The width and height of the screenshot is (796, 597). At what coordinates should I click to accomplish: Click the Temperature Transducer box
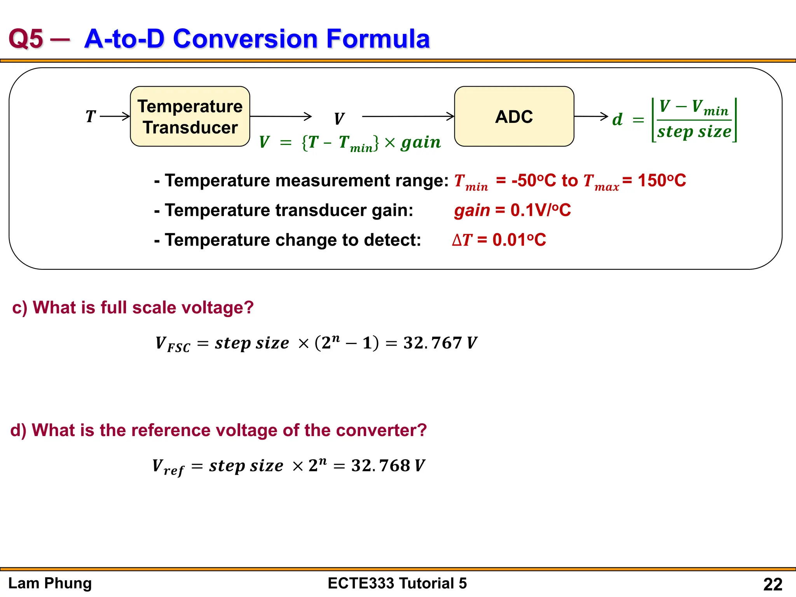point(190,116)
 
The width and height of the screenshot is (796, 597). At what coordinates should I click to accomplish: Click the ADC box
point(514,116)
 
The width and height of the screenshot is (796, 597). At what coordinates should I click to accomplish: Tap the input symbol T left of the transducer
point(90,116)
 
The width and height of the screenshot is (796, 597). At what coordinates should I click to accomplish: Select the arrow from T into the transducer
point(115,116)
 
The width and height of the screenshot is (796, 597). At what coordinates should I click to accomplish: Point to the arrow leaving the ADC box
point(591,116)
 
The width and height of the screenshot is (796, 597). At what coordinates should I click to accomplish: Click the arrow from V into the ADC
point(408,116)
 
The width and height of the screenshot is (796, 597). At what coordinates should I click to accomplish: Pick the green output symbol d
point(617,119)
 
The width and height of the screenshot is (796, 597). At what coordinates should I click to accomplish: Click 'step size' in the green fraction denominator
point(694,132)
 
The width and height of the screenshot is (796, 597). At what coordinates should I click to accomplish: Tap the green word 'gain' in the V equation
point(421,142)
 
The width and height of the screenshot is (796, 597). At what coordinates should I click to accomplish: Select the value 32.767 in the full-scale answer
point(432,343)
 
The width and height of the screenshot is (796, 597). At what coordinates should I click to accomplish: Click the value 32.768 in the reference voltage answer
point(381,466)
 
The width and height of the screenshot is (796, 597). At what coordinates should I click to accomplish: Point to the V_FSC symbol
point(173,344)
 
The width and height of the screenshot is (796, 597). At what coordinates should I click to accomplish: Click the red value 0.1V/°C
point(540,210)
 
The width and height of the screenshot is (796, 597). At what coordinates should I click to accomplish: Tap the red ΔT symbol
point(462,240)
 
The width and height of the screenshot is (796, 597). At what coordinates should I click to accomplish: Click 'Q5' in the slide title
point(26,39)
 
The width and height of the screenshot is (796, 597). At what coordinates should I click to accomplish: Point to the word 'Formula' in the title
point(378,39)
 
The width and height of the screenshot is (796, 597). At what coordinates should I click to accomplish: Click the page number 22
point(773,584)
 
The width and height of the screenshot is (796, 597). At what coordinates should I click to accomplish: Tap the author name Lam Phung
point(50,583)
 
